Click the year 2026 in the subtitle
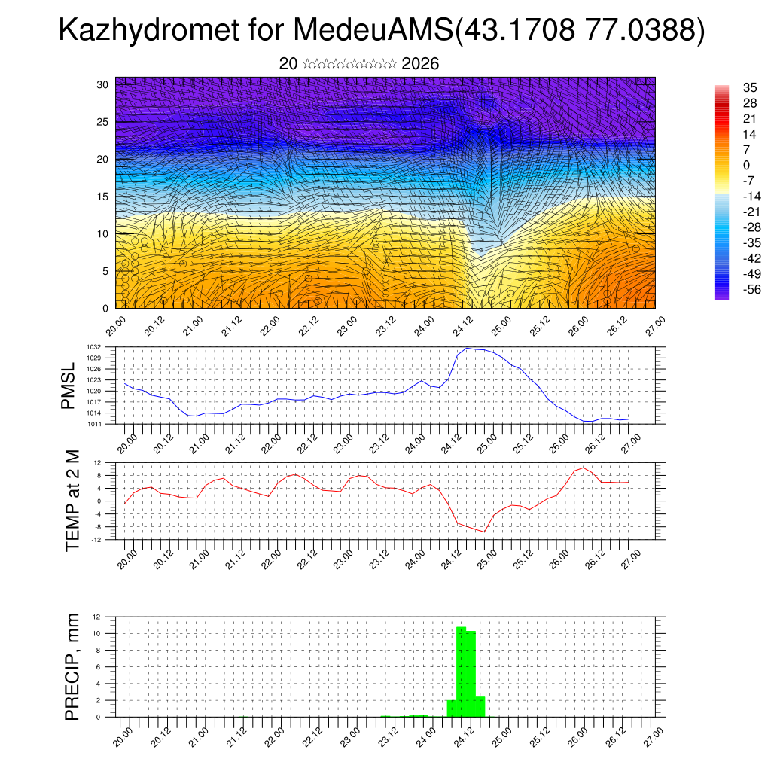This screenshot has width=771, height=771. pos(420,64)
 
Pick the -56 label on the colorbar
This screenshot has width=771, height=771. pos(752,289)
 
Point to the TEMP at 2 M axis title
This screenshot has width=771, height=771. pos(72,501)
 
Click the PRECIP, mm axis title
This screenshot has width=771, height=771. pos(72,666)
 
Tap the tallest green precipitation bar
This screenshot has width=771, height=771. pos(461,670)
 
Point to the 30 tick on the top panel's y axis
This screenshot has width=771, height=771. pos(103,84)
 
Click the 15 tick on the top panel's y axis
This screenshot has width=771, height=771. pos(103,197)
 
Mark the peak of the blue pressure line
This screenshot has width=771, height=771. pos(468,348)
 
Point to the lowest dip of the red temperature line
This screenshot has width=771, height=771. pos(485,532)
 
